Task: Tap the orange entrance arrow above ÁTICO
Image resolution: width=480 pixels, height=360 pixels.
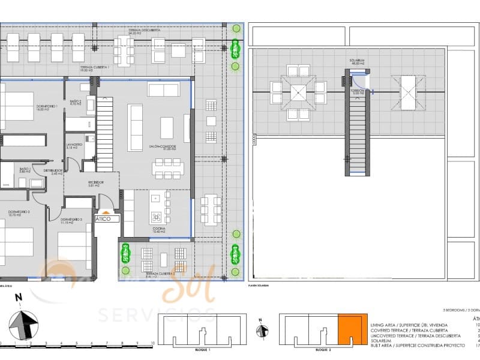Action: click(106, 212)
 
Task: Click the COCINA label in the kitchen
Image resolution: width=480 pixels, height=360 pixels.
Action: click(159, 229)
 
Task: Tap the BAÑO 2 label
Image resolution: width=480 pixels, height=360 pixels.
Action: click(75, 102)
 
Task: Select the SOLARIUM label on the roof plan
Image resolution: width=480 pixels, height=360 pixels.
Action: click(357, 60)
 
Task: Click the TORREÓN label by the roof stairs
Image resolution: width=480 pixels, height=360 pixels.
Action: click(358, 91)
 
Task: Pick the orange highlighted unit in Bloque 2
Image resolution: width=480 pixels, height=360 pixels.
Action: click(352, 330)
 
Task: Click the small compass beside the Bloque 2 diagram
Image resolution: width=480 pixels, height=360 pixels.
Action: click(262, 331)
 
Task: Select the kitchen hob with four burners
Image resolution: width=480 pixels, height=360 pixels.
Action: click(156, 217)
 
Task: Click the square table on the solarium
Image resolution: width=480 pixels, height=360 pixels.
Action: click(298, 92)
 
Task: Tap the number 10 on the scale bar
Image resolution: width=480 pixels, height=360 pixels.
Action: click(153, 343)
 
